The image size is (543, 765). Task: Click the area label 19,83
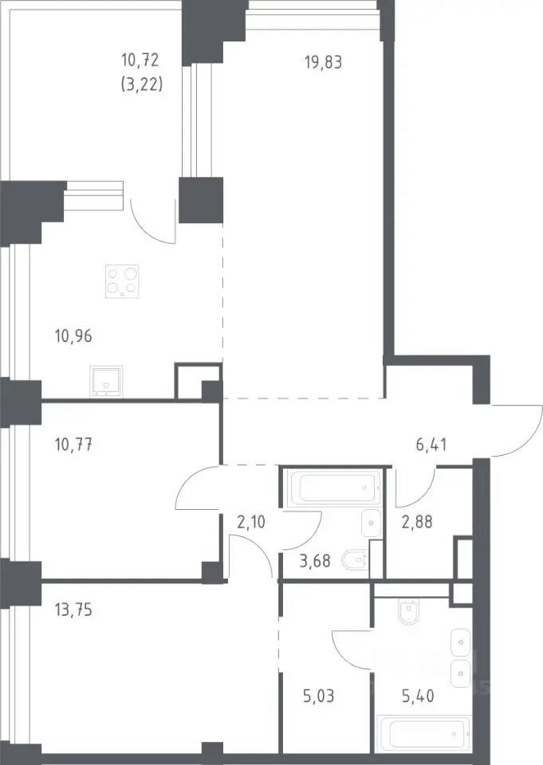tap(323, 63)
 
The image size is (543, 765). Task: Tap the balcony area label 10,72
tap(140, 61)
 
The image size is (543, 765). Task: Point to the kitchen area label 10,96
tap(73, 336)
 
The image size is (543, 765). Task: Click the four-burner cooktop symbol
tap(122, 281)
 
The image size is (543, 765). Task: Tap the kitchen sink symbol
tap(106, 381)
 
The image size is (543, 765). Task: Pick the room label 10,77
tap(73, 445)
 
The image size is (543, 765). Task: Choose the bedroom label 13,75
tap(73, 610)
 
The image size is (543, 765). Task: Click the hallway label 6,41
tap(431, 445)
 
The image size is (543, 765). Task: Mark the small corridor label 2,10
tap(251, 522)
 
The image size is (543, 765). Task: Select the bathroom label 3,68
tap(314, 561)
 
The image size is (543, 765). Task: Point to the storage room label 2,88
tap(416, 521)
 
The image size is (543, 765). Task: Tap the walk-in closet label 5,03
tap(318, 696)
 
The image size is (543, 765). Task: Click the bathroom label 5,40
tap(418, 696)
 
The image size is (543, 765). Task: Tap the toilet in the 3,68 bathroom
tap(356, 560)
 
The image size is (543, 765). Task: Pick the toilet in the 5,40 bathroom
tap(408, 611)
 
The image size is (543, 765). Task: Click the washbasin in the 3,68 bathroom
tap(371, 523)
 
